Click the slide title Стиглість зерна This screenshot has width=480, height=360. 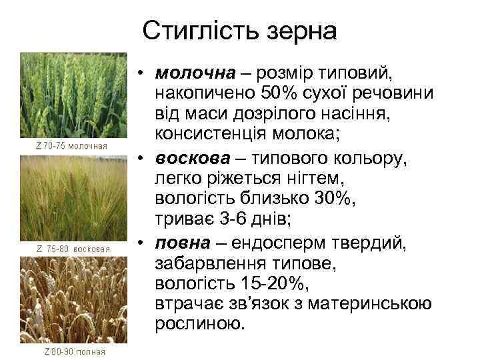coord(240,30)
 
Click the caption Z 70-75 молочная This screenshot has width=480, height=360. coord(74,145)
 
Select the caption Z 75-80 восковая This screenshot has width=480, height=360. coord(74,248)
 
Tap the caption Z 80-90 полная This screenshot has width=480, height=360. coord(74,351)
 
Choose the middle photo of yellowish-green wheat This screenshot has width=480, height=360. coord(74,198)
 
